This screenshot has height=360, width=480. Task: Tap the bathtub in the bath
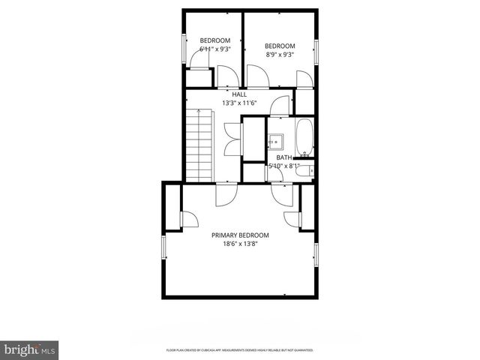tap(304, 136)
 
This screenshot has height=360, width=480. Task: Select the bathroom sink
tap(276, 139)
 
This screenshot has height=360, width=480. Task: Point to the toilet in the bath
tap(304, 172)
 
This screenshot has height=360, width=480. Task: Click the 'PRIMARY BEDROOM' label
tap(240, 235)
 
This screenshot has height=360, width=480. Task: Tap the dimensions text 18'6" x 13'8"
tap(240, 244)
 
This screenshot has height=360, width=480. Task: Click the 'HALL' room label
tap(239, 94)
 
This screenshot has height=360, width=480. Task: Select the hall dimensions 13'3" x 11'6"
tap(239, 103)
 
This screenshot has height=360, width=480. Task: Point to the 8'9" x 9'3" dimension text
tap(280, 54)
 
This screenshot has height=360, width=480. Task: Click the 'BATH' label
tap(283, 157)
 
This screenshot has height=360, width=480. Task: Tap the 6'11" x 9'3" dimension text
tap(214, 49)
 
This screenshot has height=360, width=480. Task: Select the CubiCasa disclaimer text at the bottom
tap(239, 350)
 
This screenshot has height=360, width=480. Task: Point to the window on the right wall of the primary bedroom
tap(316, 255)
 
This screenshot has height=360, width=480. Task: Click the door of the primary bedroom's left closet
tap(187, 218)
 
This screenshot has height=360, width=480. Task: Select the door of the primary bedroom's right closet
tap(291, 218)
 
